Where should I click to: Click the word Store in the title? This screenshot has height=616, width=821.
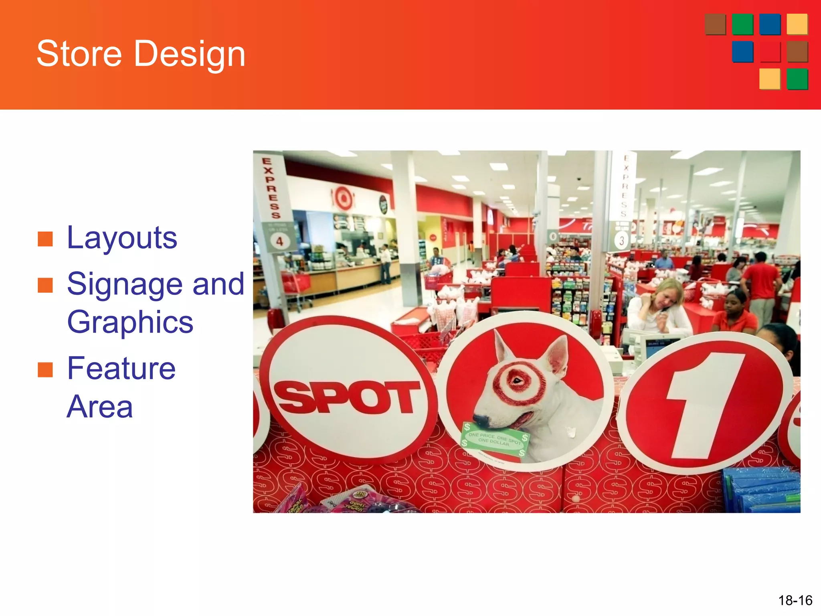(x=79, y=54)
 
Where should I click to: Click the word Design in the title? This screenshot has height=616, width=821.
(x=189, y=55)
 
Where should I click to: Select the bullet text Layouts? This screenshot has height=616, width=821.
(x=122, y=238)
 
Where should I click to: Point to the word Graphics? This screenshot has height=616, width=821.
(x=130, y=322)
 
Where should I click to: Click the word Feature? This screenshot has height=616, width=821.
(x=121, y=368)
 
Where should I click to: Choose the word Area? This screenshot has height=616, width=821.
(x=99, y=407)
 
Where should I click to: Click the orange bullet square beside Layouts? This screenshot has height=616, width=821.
(x=45, y=239)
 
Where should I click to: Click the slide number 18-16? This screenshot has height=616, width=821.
(x=795, y=600)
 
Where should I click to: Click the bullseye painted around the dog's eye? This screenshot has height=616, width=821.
(x=519, y=381)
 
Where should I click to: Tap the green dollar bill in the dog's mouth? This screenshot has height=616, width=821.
(x=495, y=439)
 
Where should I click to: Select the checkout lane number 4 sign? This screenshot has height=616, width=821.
(x=279, y=241)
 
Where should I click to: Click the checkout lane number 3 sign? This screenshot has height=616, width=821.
(x=621, y=241)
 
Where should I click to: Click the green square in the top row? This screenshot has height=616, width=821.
(x=742, y=24)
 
